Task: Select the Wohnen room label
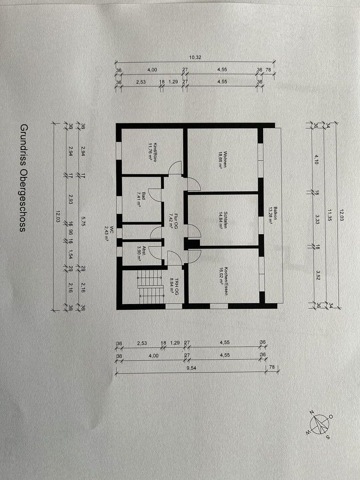223,158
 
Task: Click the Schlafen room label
222,219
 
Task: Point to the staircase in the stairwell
149,286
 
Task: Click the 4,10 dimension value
317,160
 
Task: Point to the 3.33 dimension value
317,220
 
